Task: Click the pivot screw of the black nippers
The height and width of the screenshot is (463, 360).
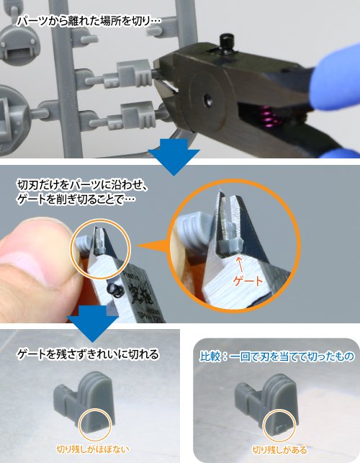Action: [209, 99]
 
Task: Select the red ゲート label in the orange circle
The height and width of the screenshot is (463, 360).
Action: [248, 281]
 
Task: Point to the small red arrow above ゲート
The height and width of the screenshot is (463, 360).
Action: [240, 264]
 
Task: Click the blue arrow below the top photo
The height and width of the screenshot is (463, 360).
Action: [174, 156]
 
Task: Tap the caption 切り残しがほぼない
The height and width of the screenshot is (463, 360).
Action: [93, 449]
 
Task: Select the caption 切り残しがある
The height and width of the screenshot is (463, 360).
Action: [279, 450]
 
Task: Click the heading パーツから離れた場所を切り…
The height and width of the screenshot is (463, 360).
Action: [89, 22]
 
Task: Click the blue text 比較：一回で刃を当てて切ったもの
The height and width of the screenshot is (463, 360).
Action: [276, 356]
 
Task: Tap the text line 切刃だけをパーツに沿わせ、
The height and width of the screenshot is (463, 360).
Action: [82, 186]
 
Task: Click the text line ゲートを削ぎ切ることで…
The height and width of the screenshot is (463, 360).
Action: [76, 199]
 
